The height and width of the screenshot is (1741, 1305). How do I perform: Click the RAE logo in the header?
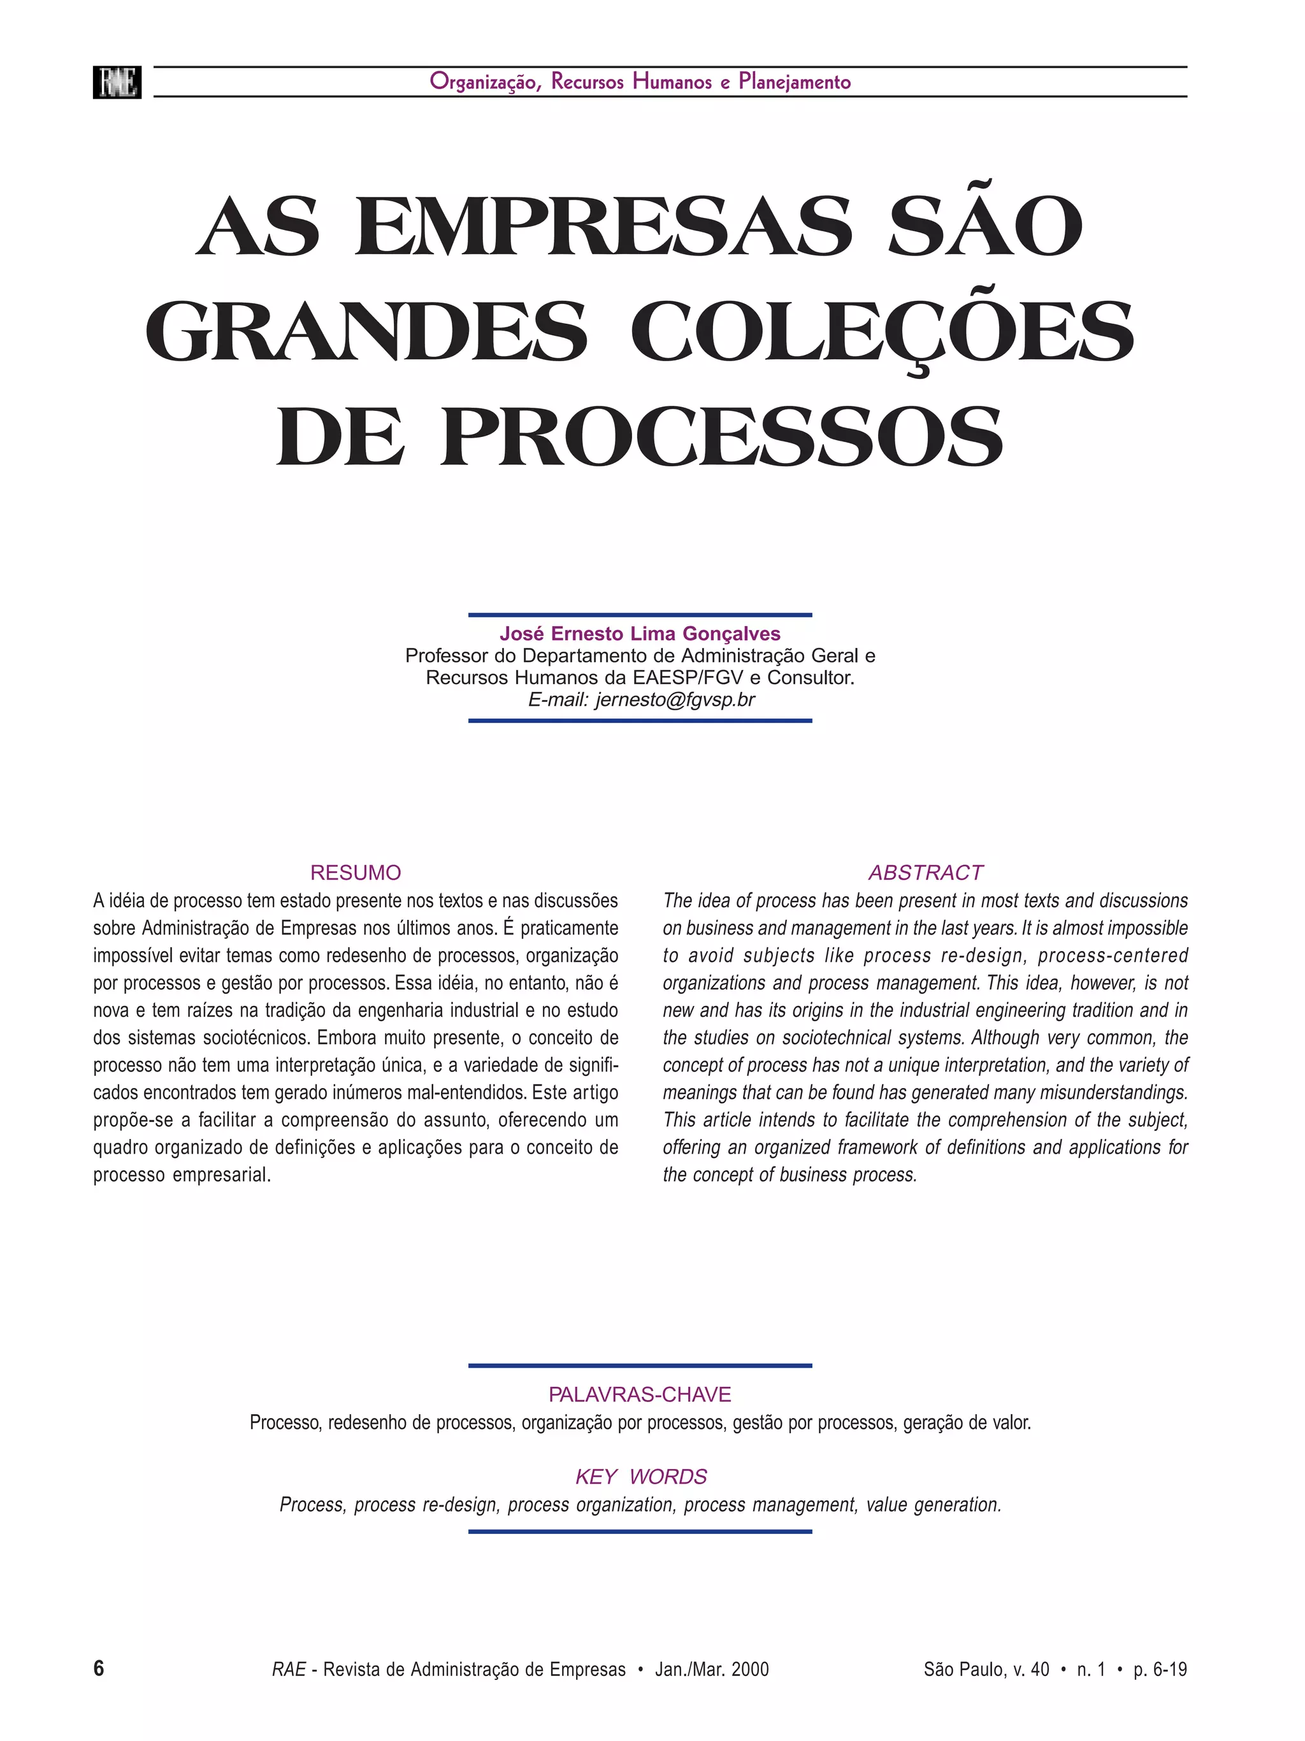click(117, 82)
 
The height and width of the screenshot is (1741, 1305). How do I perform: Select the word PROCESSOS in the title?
click(722, 437)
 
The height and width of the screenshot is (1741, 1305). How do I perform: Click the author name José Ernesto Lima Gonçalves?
click(639, 634)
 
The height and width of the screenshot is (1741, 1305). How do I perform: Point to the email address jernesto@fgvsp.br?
click(675, 699)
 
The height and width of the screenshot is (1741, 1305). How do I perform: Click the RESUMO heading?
click(355, 872)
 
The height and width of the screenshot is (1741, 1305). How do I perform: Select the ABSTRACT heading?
click(925, 872)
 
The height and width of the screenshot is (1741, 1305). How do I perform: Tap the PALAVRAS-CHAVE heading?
click(639, 1394)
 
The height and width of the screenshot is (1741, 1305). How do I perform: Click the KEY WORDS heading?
click(640, 1477)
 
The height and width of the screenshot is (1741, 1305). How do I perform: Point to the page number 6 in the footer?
click(98, 1668)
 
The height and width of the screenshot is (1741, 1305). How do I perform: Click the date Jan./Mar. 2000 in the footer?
click(712, 1670)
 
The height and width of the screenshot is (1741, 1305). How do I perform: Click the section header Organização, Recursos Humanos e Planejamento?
click(639, 82)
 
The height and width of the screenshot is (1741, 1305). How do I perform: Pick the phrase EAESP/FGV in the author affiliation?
click(686, 678)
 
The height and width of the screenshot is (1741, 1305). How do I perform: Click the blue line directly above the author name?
click(639, 615)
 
